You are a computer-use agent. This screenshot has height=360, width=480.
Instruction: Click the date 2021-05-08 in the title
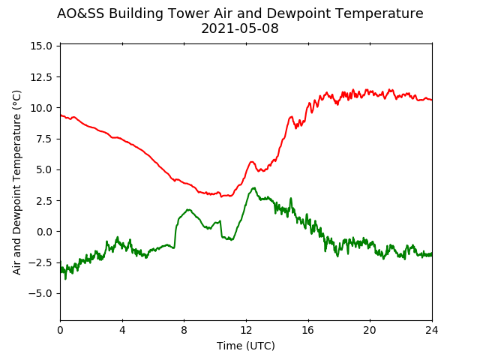(240, 28)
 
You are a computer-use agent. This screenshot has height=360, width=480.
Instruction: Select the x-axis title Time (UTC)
(246, 346)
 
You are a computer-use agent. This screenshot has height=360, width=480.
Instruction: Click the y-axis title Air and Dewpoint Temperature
(16, 182)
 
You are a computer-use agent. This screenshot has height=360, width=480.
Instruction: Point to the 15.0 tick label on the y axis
(41, 46)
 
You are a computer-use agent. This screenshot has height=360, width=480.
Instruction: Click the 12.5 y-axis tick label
(41, 77)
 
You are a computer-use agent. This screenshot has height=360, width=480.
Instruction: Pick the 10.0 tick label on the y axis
(41, 108)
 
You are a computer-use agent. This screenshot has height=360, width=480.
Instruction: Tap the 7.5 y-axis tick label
(43, 139)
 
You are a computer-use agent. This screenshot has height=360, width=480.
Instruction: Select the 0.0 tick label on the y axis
(43, 232)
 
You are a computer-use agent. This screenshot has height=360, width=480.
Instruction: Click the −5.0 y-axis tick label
(40, 293)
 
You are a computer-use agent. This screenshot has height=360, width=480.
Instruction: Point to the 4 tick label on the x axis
(122, 330)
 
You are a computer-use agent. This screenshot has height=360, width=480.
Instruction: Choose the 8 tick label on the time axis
(184, 330)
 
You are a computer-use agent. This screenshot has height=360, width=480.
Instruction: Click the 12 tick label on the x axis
(246, 330)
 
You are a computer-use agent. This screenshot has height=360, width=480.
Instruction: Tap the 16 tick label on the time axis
(308, 330)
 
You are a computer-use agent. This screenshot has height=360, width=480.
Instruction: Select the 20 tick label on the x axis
(370, 330)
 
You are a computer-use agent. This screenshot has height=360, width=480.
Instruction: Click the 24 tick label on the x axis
(432, 330)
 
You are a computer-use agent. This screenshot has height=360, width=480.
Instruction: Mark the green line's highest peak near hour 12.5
(253, 188)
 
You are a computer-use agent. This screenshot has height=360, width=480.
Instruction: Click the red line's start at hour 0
(61, 115)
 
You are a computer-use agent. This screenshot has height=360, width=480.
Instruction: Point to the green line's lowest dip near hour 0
(65, 278)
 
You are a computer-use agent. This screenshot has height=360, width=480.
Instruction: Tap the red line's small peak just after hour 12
(252, 162)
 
